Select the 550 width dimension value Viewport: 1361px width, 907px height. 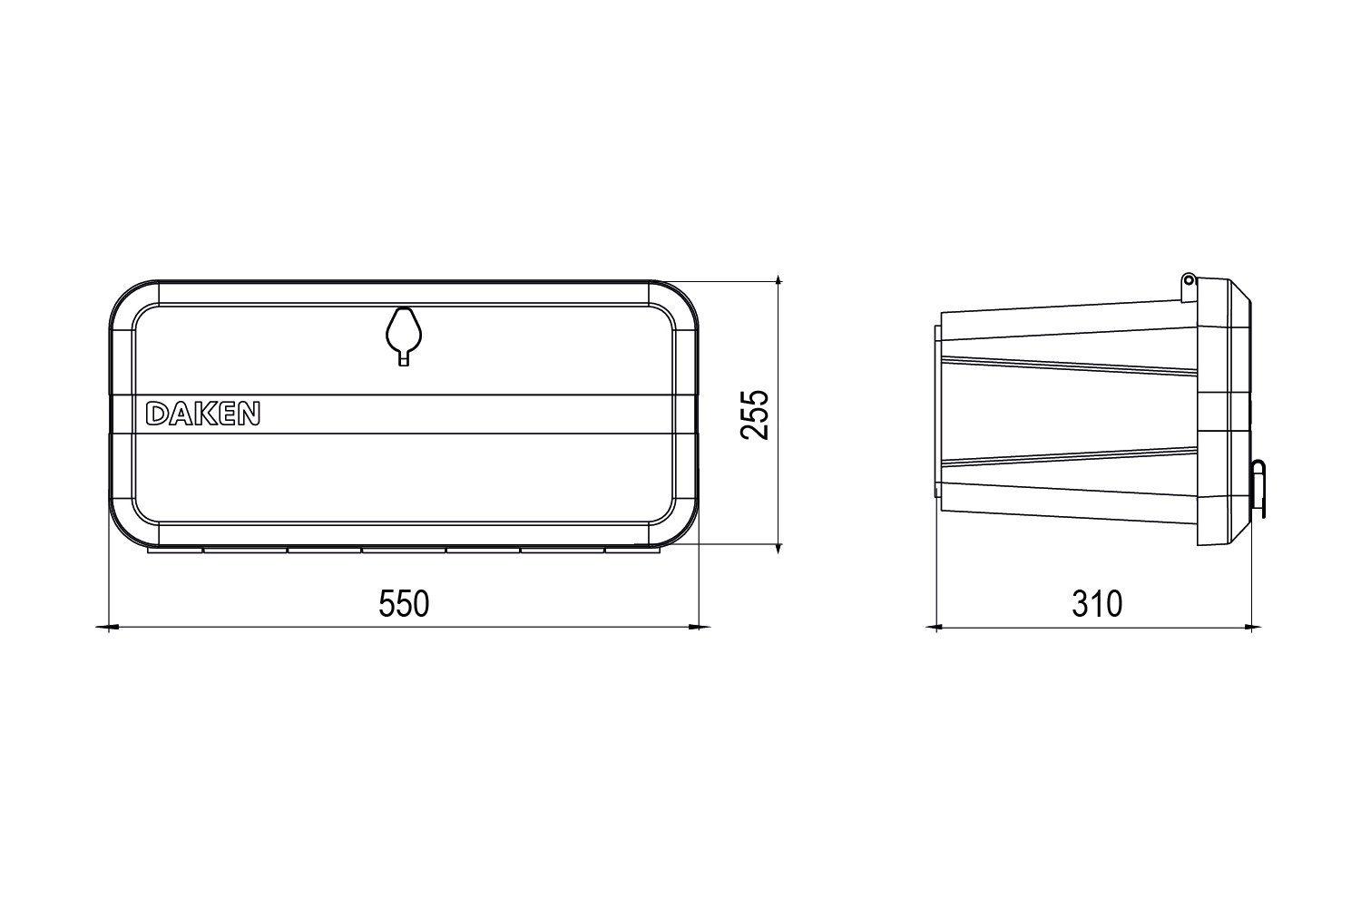[404, 603]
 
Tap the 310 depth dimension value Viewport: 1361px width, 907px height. [1099, 603]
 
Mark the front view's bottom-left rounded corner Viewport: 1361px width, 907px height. [136, 522]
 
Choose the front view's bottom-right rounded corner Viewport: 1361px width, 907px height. [671, 522]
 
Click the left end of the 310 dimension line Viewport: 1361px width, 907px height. [940, 622]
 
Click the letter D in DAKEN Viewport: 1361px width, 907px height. [163, 414]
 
